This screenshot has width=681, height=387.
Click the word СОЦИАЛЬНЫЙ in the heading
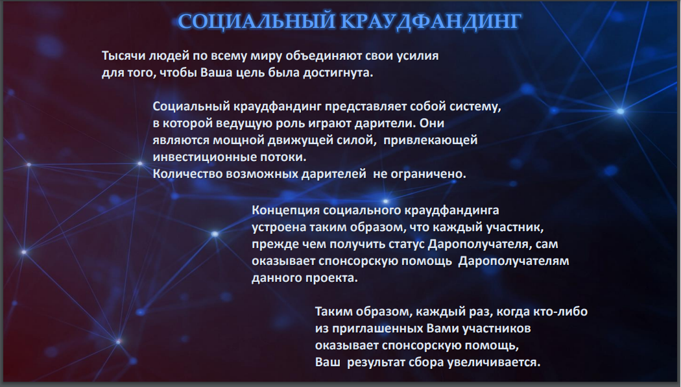(257, 21)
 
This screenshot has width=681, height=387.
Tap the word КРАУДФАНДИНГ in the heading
(431, 21)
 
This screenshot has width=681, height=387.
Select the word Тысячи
(124, 56)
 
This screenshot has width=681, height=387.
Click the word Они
(432, 123)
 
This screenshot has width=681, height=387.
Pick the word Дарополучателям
(514, 262)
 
